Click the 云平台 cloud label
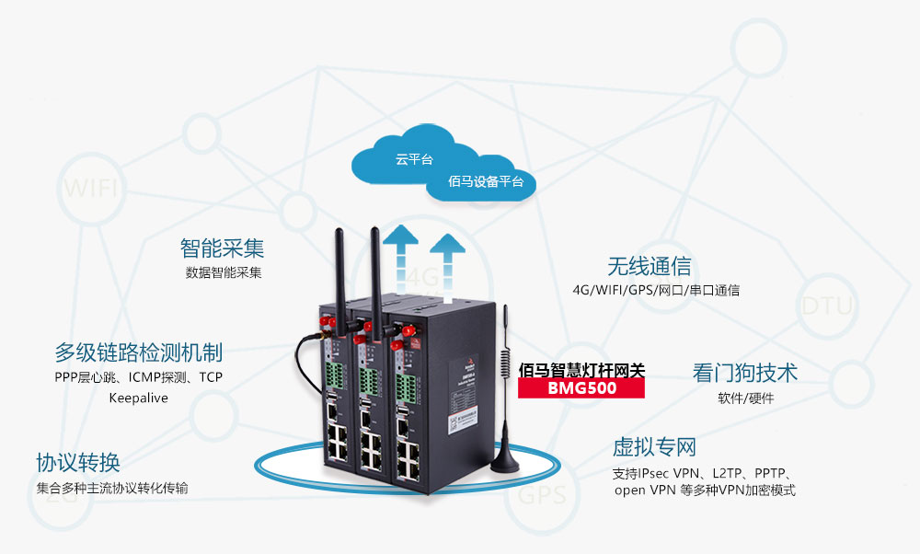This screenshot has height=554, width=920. (414, 159)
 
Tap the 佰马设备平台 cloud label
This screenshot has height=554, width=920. (486, 181)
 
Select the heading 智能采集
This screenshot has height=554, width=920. (222, 248)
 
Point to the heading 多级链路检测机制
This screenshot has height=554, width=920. (138, 352)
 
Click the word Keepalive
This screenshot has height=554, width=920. (138, 398)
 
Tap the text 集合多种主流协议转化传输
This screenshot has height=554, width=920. (112, 488)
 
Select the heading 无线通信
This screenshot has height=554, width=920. (649, 267)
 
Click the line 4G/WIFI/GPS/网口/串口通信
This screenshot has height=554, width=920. (656, 291)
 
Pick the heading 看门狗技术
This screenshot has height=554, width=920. (744, 373)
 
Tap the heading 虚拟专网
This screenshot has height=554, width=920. (654, 448)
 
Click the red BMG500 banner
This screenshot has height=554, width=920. (581, 388)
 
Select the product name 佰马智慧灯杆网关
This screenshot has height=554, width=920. (581, 370)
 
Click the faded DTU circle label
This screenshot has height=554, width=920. (827, 306)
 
